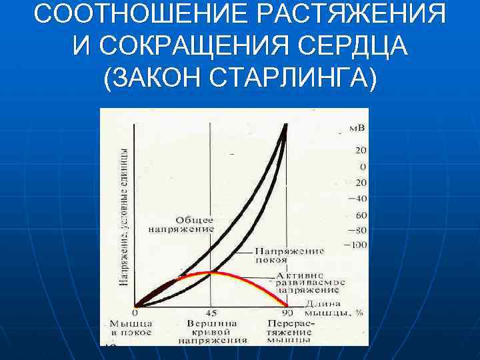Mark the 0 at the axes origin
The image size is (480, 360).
(x=135, y=312)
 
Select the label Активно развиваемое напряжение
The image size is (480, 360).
(x=307, y=283)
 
